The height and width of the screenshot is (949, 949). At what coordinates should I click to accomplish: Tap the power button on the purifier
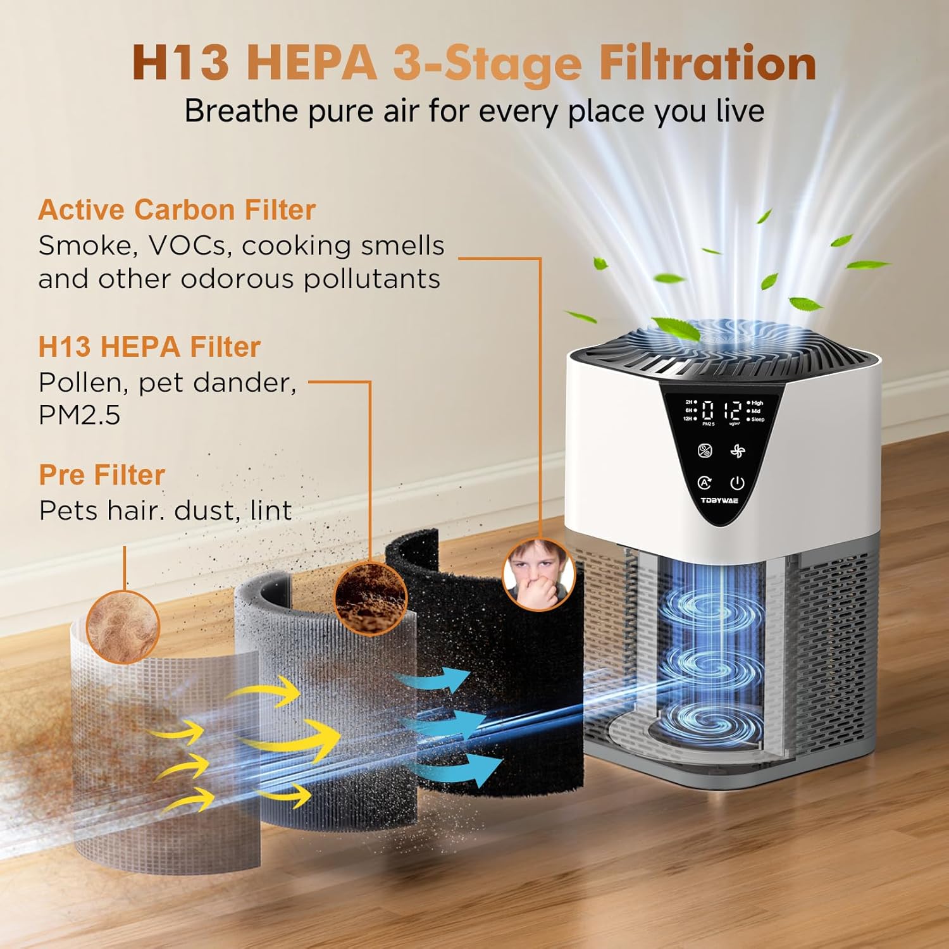click(x=737, y=483)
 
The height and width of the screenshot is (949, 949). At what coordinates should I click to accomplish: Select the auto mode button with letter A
click(x=704, y=483)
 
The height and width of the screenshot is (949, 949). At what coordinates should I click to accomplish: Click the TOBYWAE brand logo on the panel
click(x=719, y=500)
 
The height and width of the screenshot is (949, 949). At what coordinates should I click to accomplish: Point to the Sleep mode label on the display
click(x=757, y=419)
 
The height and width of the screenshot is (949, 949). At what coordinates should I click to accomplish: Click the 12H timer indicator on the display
click(x=688, y=419)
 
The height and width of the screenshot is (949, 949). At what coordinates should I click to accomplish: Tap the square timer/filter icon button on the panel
click(x=705, y=451)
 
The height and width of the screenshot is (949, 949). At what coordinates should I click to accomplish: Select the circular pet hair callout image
click(x=122, y=626)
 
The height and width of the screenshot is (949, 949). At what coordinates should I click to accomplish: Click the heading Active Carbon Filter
click(x=177, y=210)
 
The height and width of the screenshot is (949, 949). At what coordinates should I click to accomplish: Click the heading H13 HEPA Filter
click(x=149, y=347)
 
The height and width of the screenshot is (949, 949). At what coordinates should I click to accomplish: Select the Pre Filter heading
click(x=102, y=475)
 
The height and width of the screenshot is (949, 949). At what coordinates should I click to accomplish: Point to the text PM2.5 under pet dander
click(x=79, y=415)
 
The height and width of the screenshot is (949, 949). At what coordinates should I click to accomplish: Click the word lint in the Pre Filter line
click(x=271, y=511)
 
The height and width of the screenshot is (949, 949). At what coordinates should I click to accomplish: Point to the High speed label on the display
click(x=757, y=403)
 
